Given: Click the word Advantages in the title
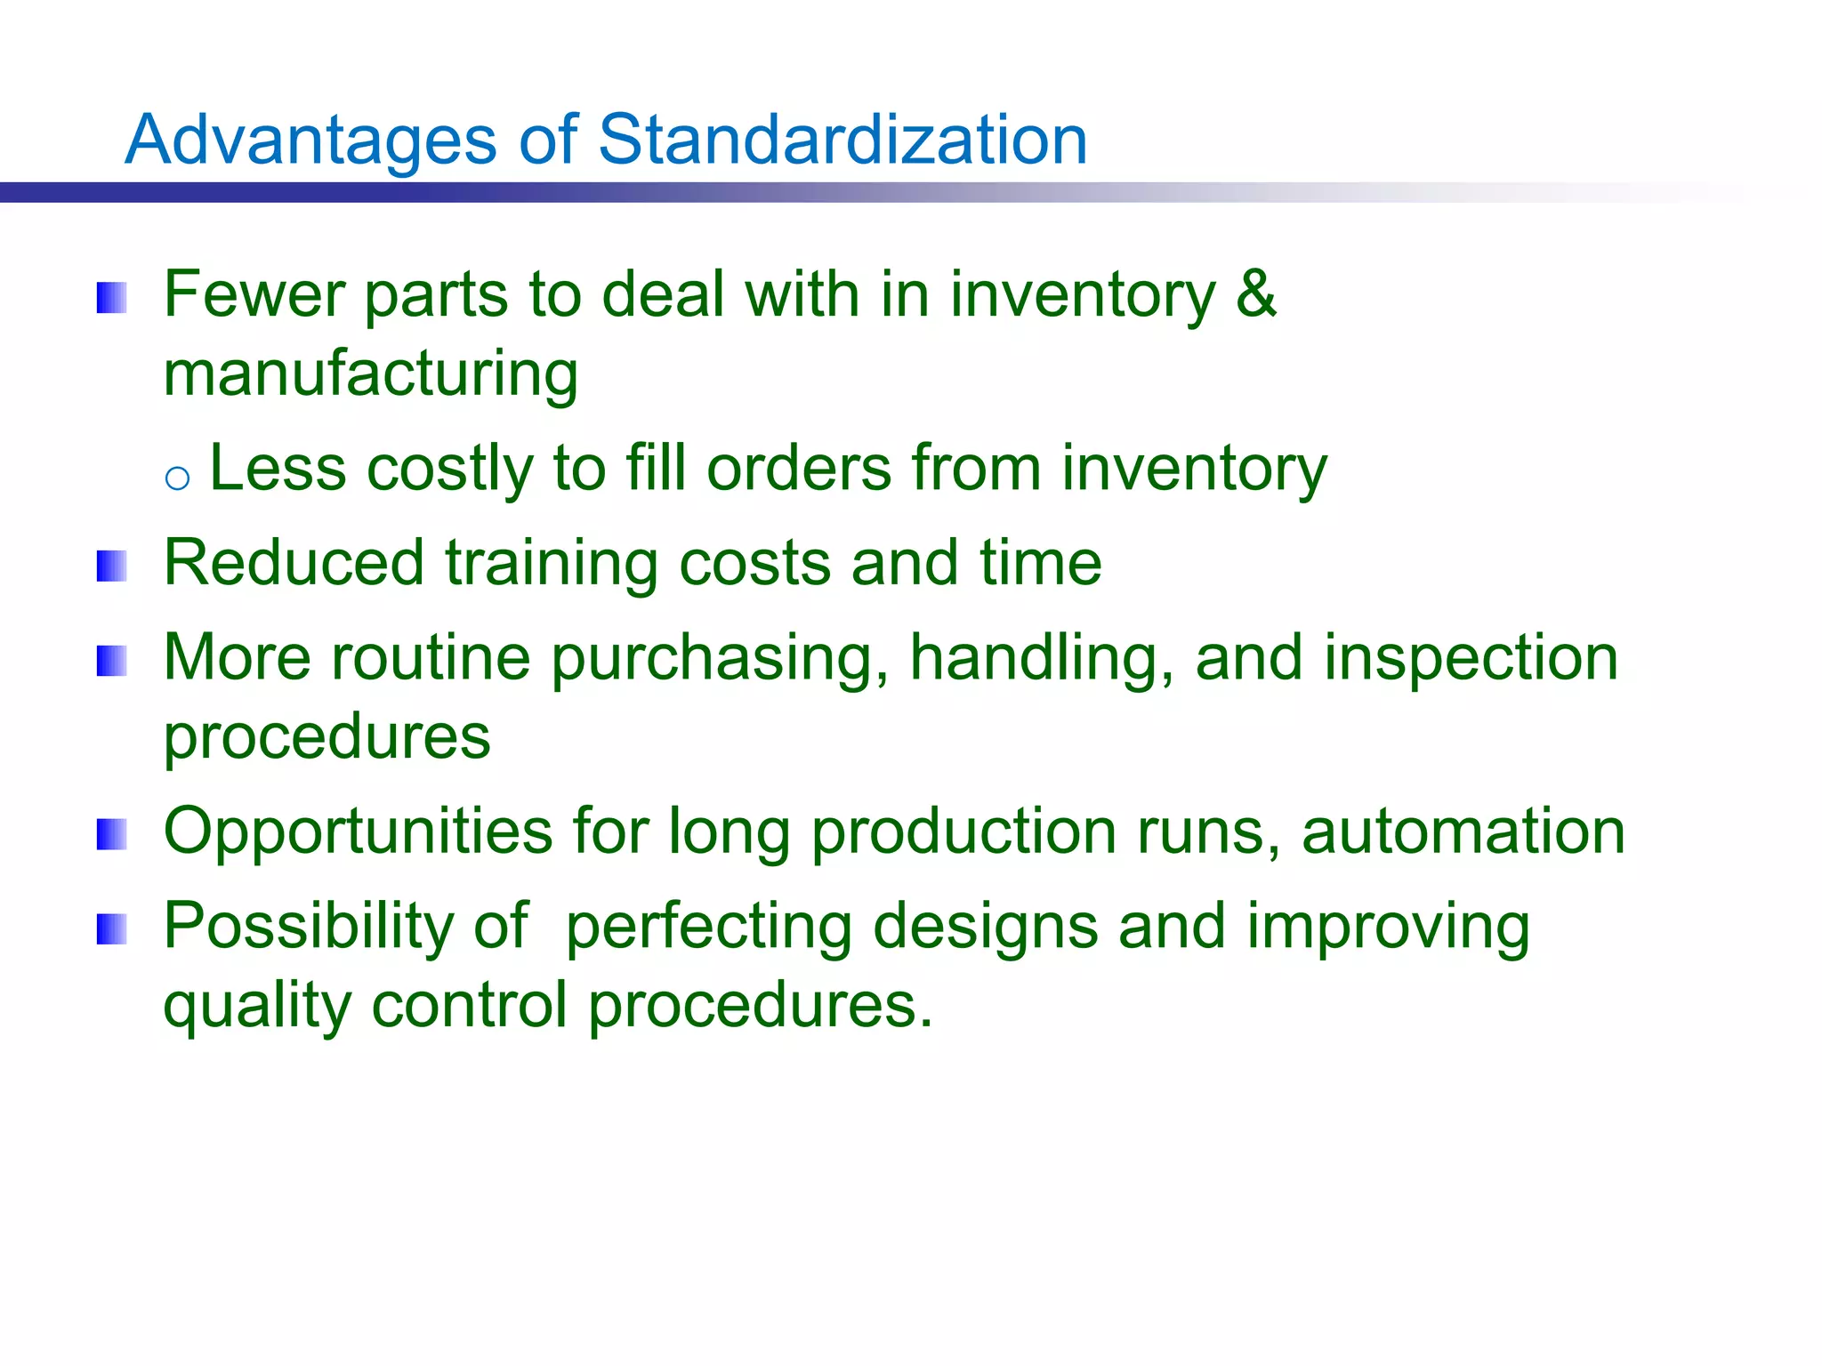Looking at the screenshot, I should pyautogui.click(x=310, y=141).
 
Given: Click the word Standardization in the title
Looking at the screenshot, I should pyautogui.click(x=842, y=141).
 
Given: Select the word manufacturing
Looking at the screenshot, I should pyautogui.click(x=371, y=374).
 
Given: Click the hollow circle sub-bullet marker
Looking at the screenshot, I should pyautogui.click(x=178, y=478).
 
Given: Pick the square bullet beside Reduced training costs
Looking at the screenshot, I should pyautogui.click(x=112, y=566).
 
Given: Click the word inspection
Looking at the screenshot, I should pyautogui.click(x=1471, y=659).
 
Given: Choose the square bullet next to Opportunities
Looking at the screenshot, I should pyautogui.click(x=112, y=834).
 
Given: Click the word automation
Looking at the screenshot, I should pyautogui.click(x=1463, y=832).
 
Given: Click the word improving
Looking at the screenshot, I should pyautogui.click(x=1388, y=928).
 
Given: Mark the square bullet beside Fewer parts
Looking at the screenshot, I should pyautogui.click(x=112, y=298).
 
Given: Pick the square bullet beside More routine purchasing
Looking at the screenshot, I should pyautogui.click(x=112, y=661).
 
